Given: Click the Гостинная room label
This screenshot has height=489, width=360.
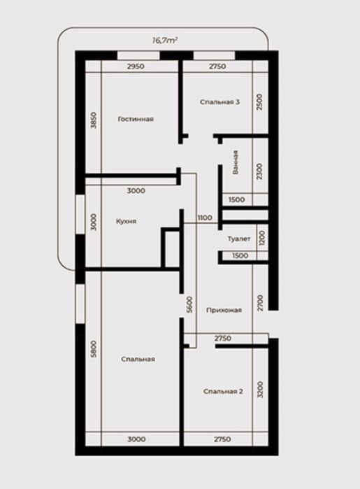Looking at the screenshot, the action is tap(136, 119).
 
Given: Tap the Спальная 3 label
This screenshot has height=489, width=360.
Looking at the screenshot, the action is tap(219, 102).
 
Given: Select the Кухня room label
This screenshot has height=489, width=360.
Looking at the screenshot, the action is tap(126, 221).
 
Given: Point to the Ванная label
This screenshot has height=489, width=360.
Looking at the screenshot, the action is tap(236, 162).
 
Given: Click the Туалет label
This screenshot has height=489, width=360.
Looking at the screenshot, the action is tap(239, 239).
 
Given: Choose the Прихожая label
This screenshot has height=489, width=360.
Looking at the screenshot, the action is tap(224, 310).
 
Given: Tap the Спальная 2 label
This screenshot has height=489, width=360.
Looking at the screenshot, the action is tap(223, 391).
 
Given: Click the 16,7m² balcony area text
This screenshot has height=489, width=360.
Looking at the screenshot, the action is tap(165, 40).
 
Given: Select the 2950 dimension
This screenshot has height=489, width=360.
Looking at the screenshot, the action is tap(136, 66).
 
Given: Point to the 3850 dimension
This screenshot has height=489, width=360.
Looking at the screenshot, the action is tap(94, 120).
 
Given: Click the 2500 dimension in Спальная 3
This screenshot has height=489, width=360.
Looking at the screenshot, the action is tap(259, 101).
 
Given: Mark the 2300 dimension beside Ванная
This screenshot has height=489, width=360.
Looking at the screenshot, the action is tap(259, 171).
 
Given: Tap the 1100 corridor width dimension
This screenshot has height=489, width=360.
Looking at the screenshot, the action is tap(205, 218).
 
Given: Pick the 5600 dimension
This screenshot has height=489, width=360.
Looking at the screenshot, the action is tap(189, 304).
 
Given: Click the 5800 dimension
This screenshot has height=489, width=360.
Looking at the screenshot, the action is tap(94, 349).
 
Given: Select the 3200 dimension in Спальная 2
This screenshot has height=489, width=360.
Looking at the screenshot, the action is tap(261, 389).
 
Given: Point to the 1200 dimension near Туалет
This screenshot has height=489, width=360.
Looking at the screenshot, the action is tap(262, 238).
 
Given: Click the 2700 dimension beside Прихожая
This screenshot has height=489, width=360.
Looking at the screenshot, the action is tap(261, 302).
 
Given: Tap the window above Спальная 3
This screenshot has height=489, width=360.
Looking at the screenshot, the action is tap(214, 55).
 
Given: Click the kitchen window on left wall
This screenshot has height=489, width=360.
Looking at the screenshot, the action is tap(80, 214).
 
